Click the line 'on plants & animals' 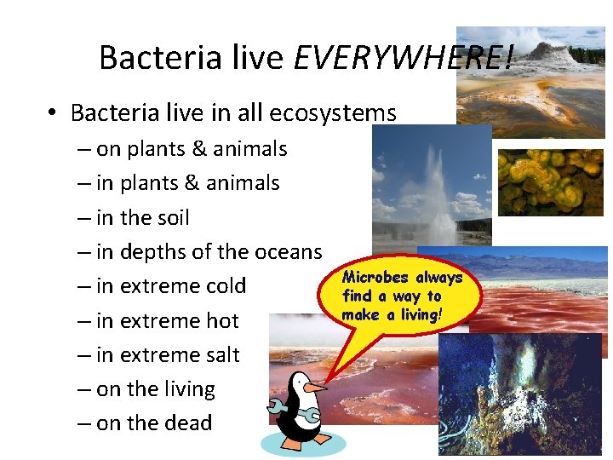point(192,149)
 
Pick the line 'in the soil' point(142,218)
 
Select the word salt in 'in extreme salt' point(217,355)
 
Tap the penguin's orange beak point(315,388)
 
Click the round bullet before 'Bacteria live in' point(53,114)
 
